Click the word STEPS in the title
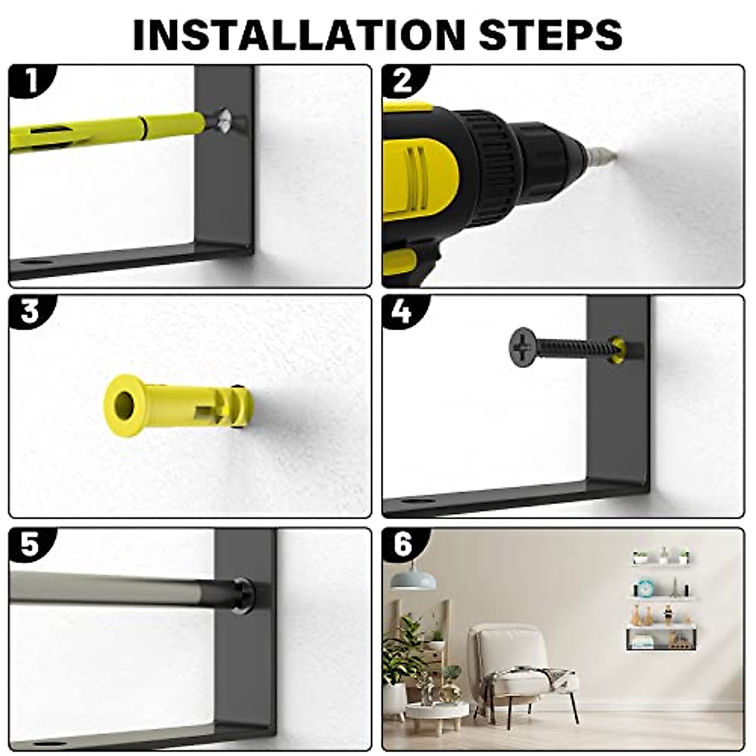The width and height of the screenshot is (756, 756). click(x=551, y=35)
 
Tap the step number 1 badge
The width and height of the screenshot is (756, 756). click(x=31, y=82)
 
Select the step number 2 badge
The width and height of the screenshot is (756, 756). click(x=404, y=82)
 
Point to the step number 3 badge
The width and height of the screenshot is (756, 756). click(x=31, y=312)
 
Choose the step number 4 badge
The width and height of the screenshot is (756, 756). click(x=404, y=312)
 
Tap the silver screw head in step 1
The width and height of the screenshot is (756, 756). click(x=225, y=121)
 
